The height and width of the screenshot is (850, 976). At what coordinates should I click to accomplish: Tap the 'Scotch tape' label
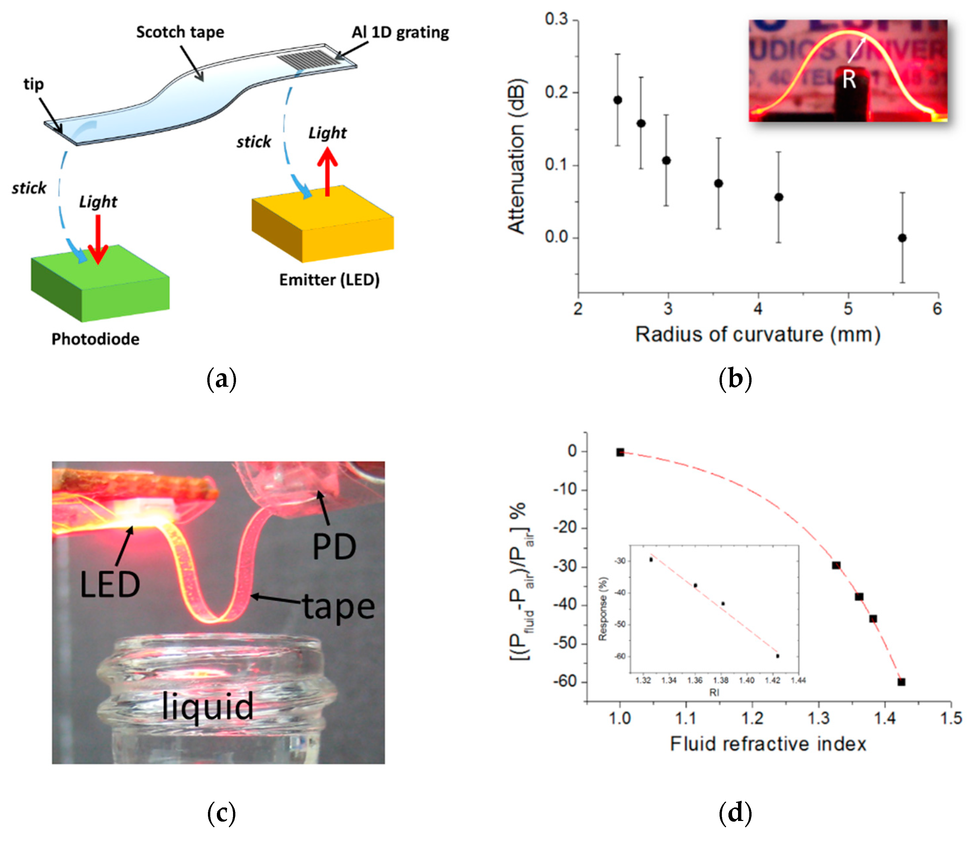click(180, 32)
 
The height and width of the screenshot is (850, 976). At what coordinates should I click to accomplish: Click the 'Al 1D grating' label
click(400, 32)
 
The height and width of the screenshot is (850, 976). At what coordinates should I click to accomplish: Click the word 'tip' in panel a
click(34, 84)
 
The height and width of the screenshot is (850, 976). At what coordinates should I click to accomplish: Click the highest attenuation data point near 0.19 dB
click(617, 100)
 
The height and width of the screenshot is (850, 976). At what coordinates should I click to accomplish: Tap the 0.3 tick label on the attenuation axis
click(556, 19)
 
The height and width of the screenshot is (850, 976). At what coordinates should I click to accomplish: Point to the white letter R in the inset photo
click(849, 80)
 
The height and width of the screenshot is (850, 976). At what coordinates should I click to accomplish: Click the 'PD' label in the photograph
click(334, 547)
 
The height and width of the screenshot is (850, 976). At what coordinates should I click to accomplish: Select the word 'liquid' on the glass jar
click(208, 706)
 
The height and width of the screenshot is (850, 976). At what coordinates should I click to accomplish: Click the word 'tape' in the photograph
click(339, 607)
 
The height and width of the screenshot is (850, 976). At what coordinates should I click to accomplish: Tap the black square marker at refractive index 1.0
click(620, 452)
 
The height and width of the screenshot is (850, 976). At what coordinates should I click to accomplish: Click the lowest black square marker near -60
click(901, 682)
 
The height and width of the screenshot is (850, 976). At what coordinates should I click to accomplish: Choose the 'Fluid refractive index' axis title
click(768, 744)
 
